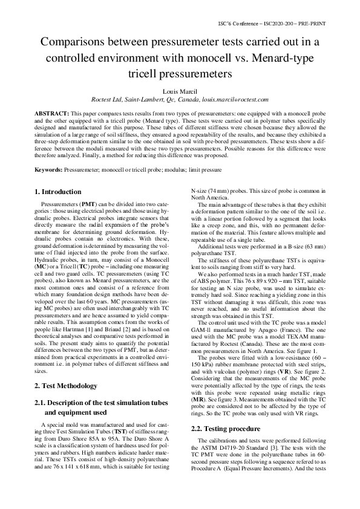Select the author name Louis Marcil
(180, 91)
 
